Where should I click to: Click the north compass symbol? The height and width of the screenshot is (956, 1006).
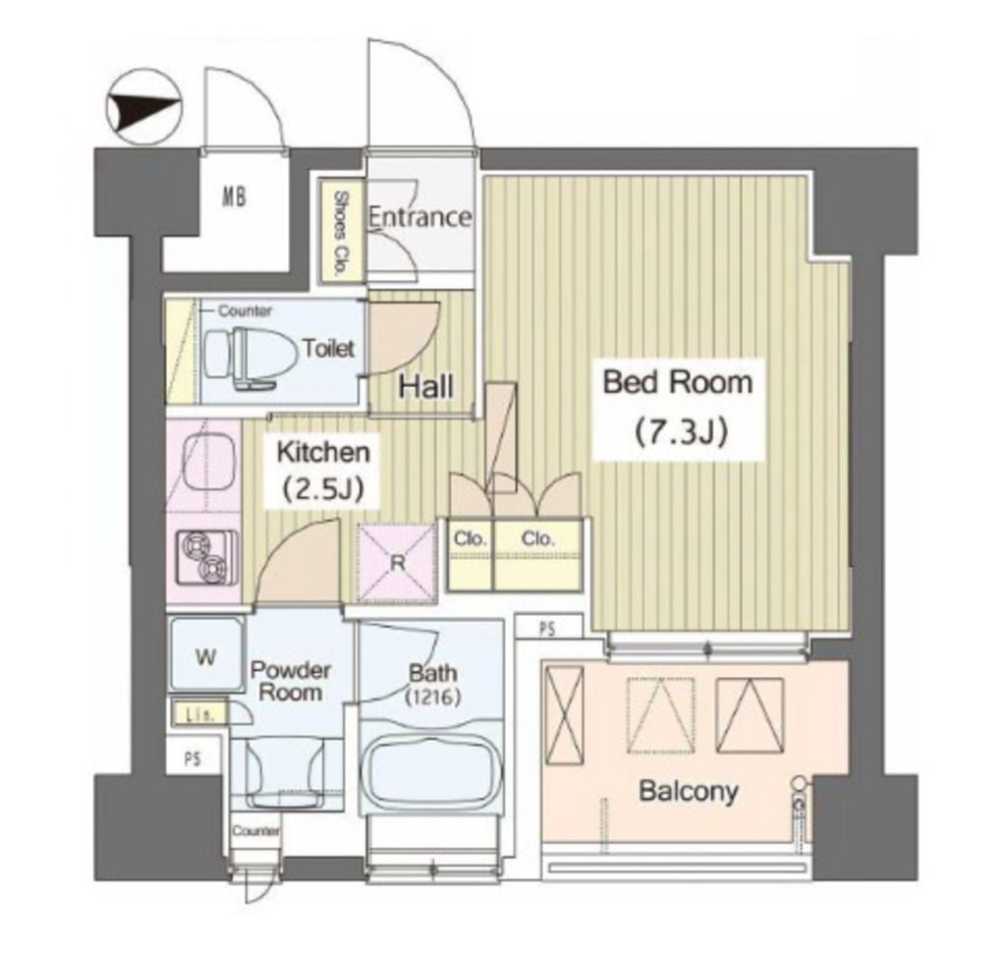[x=144, y=106]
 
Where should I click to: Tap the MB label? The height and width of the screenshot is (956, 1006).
[x=234, y=197]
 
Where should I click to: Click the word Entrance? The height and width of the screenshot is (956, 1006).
[x=419, y=217]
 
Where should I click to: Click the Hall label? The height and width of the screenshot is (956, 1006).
[x=425, y=387]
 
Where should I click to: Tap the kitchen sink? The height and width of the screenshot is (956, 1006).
[x=206, y=461]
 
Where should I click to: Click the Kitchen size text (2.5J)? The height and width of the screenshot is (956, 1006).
[x=324, y=489]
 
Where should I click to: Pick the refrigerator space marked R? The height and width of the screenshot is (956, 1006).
[x=397, y=563]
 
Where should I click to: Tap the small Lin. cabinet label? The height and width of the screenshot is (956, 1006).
[x=199, y=713]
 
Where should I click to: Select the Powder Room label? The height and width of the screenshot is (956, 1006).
[x=291, y=682]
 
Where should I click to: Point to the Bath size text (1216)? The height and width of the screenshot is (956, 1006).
[x=433, y=697]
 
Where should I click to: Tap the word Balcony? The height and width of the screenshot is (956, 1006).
[x=688, y=791]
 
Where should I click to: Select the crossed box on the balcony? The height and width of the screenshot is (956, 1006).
[x=564, y=714]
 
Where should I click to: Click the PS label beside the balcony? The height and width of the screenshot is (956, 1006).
[x=547, y=630]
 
